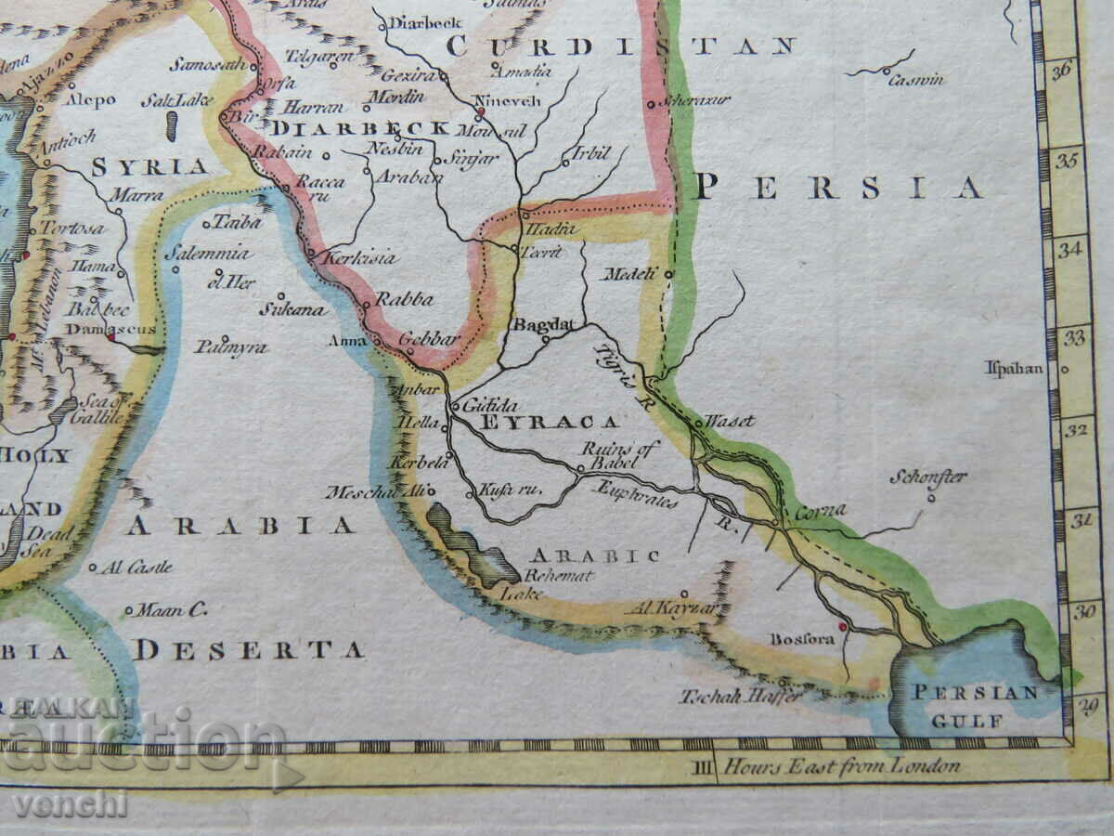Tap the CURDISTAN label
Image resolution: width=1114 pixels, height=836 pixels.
click(620, 46)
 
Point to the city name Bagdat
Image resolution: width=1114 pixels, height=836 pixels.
click(544, 325)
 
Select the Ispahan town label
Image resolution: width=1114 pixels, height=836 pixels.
click(1014, 369)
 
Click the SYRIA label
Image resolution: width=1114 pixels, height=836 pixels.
click(149, 167)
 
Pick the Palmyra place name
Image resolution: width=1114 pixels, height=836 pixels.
click(231, 347)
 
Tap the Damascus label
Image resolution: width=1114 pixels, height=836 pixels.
click(97, 329)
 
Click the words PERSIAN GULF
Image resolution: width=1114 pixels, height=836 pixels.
click(973, 705)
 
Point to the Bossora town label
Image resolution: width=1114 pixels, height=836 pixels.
click(801, 639)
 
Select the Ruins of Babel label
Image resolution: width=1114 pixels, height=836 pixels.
click(621, 455)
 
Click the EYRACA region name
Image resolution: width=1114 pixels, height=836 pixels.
click(550, 423)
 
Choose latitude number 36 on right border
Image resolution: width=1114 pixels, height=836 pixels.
click(1062, 69)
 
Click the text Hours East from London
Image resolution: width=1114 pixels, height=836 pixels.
click(841, 766)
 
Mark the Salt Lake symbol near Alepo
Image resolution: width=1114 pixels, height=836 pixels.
click(172, 124)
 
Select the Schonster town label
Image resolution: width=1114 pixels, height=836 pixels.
click(928, 477)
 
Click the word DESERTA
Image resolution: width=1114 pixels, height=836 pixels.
click(248, 650)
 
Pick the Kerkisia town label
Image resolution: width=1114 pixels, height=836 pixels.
click(362, 258)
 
